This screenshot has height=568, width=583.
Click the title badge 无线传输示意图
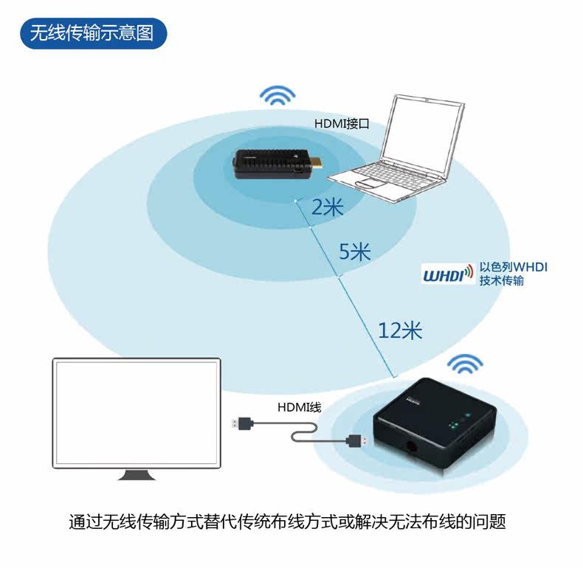92,33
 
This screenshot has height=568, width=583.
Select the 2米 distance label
327,208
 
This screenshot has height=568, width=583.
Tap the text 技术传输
502,281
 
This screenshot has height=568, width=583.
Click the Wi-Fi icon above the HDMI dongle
277,96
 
